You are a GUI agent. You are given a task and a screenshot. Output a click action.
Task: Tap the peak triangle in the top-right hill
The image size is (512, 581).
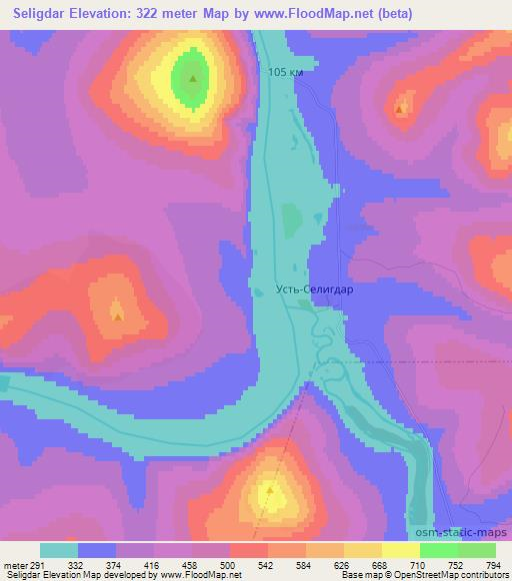tap(400, 108)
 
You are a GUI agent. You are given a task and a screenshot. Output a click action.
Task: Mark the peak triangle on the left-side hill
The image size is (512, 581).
tap(118, 316)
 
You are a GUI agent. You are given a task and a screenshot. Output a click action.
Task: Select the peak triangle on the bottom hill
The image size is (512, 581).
tap(270, 490)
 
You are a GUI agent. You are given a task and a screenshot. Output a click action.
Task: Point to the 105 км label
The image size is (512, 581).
tap(286, 74)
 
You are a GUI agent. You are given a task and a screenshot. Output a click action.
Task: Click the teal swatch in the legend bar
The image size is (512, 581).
tap(59, 550)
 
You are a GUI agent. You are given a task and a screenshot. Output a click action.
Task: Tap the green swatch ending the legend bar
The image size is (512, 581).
tap(477, 550)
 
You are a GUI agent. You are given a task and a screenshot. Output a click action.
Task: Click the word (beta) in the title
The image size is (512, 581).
tap(384, 13)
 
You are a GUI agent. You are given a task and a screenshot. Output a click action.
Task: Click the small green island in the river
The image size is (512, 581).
tap(291, 218)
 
